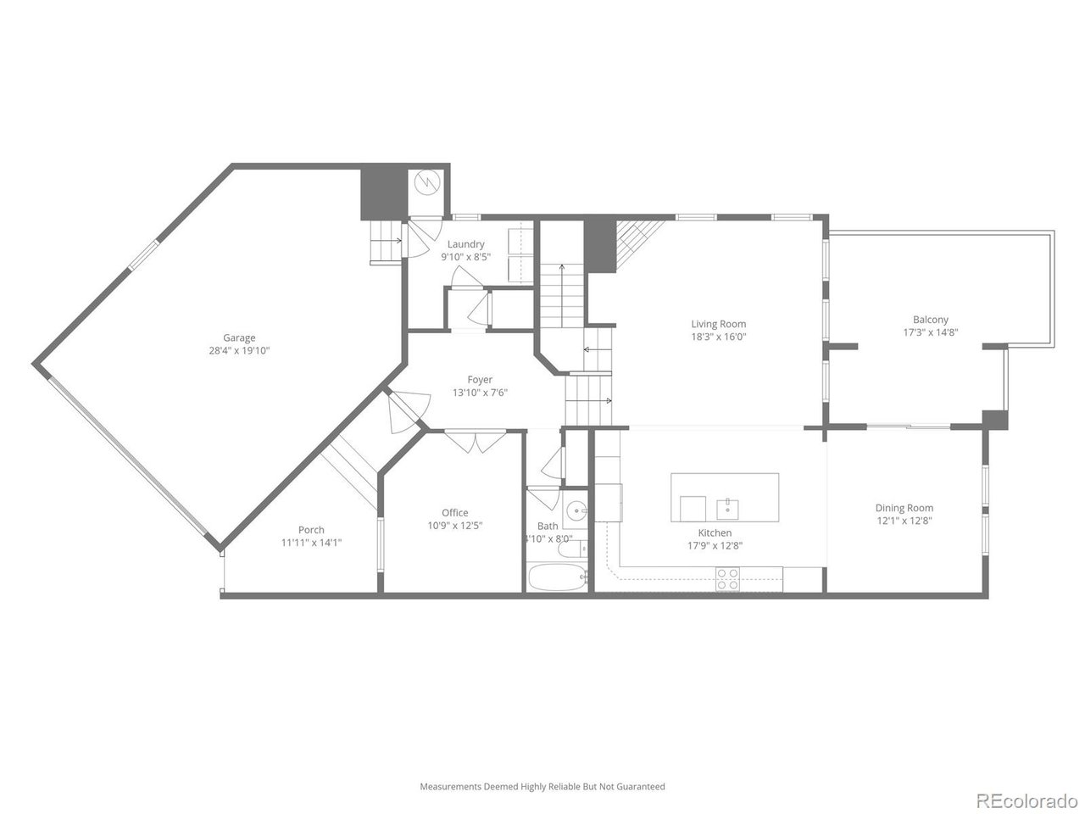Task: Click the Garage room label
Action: click(239, 337)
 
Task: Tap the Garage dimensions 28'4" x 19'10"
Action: click(239, 350)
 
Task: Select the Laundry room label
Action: click(465, 244)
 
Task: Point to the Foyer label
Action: click(480, 380)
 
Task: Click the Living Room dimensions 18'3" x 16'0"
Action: click(719, 337)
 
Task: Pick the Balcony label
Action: click(930, 320)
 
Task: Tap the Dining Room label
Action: click(904, 508)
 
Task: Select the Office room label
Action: click(454, 512)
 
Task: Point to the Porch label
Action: click(311, 530)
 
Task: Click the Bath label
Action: click(548, 526)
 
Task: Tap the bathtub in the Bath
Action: click(557, 578)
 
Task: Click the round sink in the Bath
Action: click(576, 510)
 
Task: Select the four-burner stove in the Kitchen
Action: click(727, 579)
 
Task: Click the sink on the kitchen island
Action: click(728, 509)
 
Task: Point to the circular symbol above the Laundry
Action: click(428, 181)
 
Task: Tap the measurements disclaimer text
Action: click(542, 787)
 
